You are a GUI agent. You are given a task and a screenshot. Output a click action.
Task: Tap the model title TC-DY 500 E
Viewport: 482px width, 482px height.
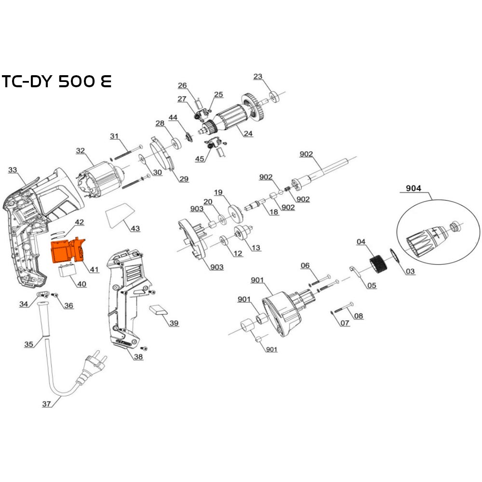point(56,81)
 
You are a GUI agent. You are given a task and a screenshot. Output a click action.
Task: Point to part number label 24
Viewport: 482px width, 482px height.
point(248,134)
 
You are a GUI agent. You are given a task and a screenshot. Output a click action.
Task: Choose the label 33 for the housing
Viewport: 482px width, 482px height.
point(13,170)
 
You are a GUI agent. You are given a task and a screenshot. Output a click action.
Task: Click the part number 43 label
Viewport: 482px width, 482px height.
point(135,228)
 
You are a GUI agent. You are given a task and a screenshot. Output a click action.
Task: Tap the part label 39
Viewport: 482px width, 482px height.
point(174,323)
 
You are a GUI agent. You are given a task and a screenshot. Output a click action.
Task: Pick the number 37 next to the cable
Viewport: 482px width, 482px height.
point(46,404)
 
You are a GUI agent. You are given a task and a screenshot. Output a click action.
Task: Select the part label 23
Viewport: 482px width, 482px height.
point(258,76)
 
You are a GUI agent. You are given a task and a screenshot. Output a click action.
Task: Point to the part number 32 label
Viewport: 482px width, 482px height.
point(80,151)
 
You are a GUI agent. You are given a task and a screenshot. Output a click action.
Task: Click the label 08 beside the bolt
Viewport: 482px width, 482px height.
point(359,316)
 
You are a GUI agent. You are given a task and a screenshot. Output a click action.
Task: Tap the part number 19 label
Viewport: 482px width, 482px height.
point(218,192)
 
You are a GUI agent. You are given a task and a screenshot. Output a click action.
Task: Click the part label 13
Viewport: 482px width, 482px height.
point(255,248)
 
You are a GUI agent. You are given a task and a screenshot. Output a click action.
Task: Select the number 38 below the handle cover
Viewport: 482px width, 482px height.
point(138,357)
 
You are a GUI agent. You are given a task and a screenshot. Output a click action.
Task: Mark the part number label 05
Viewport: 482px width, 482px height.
point(371,285)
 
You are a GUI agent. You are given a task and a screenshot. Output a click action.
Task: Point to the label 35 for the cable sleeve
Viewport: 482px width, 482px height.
point(29,344)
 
